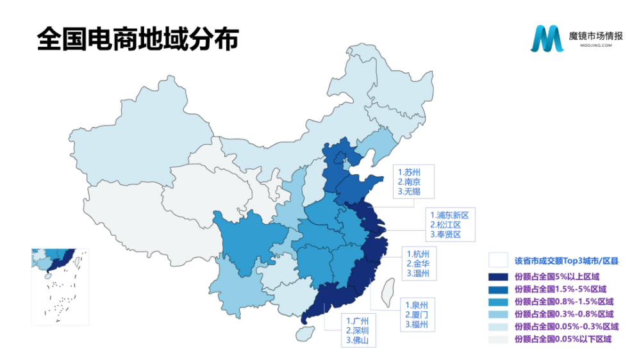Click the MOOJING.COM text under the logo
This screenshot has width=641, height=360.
(590, 46)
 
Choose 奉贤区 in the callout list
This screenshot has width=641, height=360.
(449, 234)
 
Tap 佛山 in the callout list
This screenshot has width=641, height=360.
(358, 340)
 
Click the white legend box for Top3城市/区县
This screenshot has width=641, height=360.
(498, 260)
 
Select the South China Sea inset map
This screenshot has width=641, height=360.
(60, 287)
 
